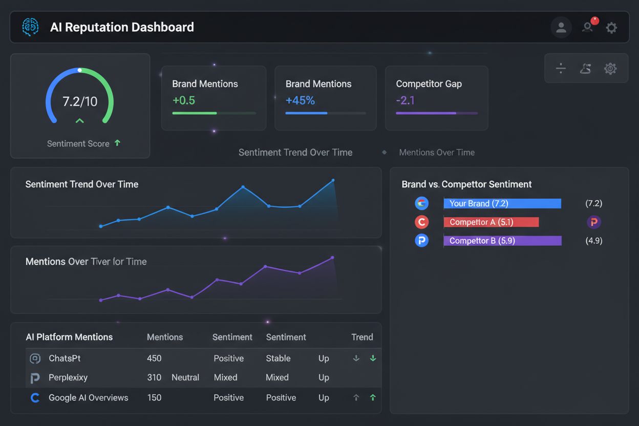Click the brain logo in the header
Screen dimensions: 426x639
tap(30, 27)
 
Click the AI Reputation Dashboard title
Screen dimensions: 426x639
tap(122, 27)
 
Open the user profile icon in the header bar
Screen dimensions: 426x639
tap(561, 27)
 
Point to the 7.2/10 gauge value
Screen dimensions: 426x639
tap(79, 101)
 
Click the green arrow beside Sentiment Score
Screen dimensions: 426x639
tap(117, 143)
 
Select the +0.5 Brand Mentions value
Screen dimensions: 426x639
tap(183, 100)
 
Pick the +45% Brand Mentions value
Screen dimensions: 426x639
tap(300, 100)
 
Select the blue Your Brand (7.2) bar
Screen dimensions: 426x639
tap(502, 203)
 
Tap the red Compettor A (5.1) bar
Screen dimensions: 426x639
tap(491, 222)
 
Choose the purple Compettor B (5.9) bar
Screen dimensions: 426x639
tap(502, 241)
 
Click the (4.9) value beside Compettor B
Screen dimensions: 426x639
tap(593, 241)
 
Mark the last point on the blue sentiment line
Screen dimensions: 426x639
tap(333, 180)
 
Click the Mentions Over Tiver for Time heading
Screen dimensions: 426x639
tap(86, 262)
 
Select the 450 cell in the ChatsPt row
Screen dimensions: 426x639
tap(154, 358)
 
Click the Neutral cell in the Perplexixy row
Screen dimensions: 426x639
tap(185, 377)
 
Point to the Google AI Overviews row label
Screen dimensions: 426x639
tap(88, 397)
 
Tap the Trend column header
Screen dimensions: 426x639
tap(362, 337)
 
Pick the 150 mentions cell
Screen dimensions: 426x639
tap(154, 397)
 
